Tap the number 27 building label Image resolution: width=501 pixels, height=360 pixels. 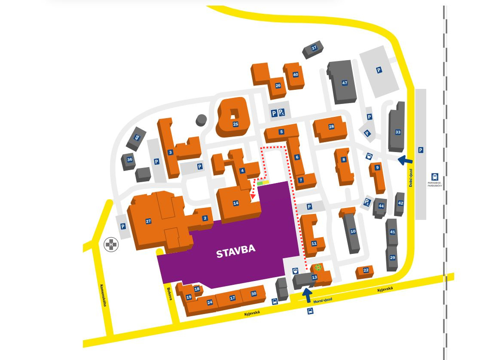point(148,221)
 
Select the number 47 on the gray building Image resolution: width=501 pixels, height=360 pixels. point(345,83)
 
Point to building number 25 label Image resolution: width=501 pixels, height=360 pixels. point(235,124)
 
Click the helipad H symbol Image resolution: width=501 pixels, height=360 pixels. point(111,245)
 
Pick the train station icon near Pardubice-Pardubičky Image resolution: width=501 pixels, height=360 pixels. point(435,177)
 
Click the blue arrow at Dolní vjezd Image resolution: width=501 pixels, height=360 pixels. point(405,161)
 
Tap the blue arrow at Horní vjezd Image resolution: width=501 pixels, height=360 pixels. point(307,295)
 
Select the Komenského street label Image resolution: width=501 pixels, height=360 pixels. point(103,295)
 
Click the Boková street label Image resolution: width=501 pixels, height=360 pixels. point(169,293)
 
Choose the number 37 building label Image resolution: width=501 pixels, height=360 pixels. point(314,48)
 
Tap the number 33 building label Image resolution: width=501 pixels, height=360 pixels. point(398,132)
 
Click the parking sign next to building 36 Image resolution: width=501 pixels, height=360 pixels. point(156,162)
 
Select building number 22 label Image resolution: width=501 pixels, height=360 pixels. point(366,270)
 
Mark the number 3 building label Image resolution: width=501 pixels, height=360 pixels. point(171,153)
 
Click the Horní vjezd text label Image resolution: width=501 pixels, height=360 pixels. point(323,300)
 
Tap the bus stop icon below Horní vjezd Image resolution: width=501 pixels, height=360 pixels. point(310,311)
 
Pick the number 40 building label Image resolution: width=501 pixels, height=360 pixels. point(296,75)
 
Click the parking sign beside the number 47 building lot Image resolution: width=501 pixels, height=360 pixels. point(379,70)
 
